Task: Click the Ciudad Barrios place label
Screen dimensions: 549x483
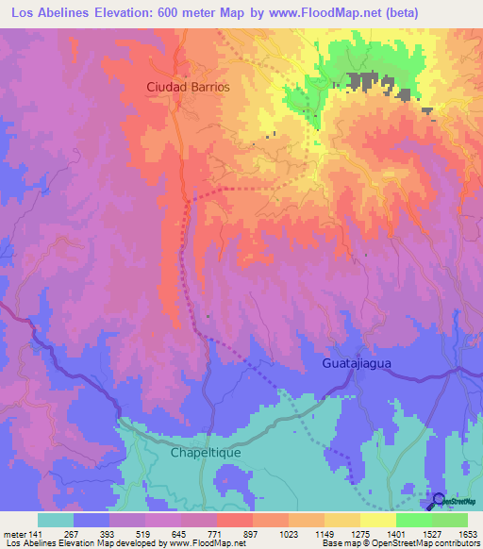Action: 188,86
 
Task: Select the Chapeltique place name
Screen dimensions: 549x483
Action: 206,453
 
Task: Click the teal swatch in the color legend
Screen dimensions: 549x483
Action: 56,520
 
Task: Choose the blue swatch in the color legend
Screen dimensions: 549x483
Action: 92,520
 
